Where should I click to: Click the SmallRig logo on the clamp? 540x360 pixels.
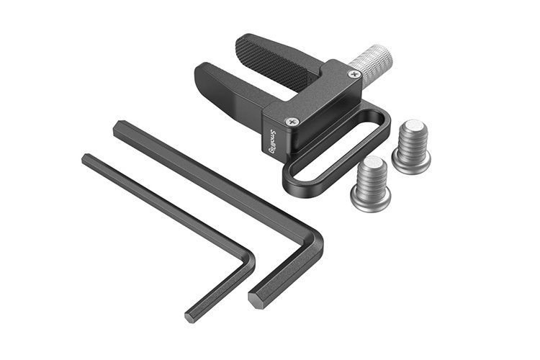click(x=272, y=141)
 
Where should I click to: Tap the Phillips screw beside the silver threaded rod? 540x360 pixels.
click(x=354, y=73)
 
